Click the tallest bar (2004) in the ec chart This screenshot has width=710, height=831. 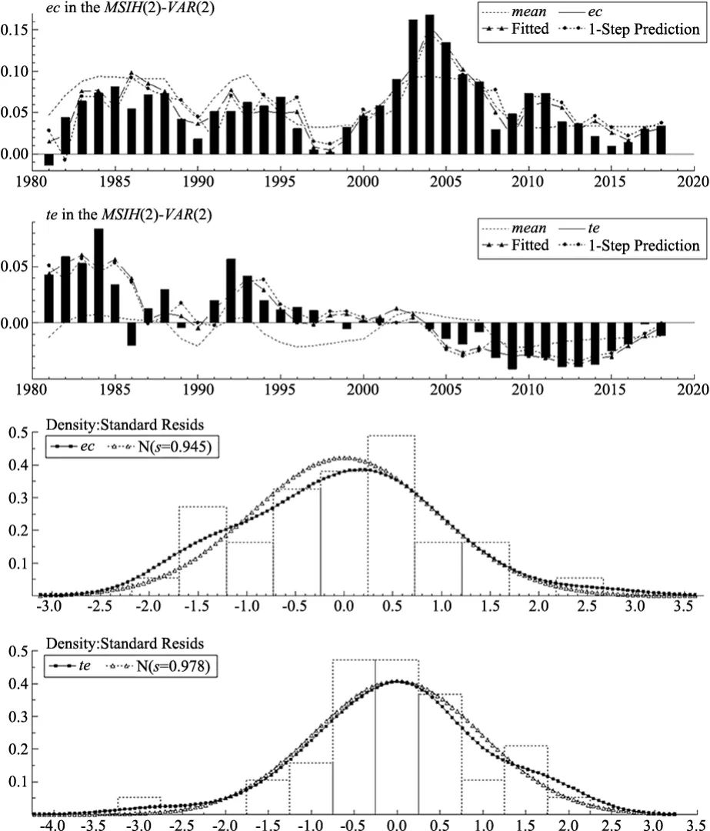click(x=429, y=85)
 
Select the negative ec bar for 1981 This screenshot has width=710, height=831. click(x=48, y=159)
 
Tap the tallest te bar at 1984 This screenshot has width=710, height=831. click(x=98, y=275)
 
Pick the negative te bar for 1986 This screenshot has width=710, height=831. click(x=132, y=334)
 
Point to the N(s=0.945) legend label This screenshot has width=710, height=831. click(x=175, y=446)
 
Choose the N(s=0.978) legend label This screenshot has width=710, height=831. click(x=173, y=665)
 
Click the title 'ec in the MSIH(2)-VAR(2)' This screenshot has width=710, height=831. click(x=130, y=8)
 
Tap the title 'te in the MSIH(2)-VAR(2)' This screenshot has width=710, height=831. click(x=128, y=214)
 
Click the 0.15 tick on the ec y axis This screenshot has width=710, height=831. click(x=14, y=29)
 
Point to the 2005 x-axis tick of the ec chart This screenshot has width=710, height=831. click(x=445, y=182)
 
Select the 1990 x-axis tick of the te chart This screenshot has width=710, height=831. click(x=198, y=389)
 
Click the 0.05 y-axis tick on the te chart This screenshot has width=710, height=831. click(x=14, y=266)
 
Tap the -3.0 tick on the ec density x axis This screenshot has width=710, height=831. click(x=48, y=606)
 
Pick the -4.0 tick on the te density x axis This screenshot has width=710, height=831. click(x=52, y=825)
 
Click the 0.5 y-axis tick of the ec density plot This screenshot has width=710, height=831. click(x=18, y=433)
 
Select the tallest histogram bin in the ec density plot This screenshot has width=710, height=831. click(x=391, y=515)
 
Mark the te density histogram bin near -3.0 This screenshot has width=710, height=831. click(x=138, y=805)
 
